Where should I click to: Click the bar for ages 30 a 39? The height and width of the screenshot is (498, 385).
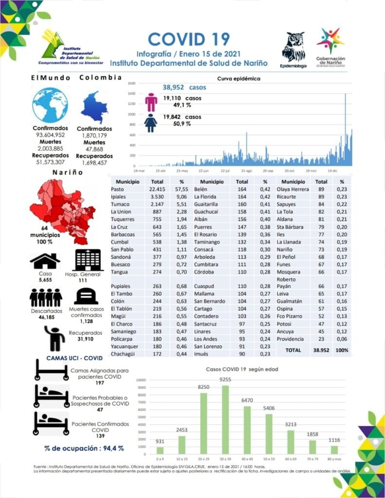point(225,420)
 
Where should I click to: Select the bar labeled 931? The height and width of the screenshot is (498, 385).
point(160,450)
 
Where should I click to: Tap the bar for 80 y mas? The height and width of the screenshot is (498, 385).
point(334,449)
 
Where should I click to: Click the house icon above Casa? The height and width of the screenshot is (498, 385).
point(45,261)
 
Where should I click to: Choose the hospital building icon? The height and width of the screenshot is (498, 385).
point(88,260)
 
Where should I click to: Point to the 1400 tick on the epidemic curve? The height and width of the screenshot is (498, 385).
point(131,93)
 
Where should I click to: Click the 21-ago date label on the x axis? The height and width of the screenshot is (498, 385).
point(246,171)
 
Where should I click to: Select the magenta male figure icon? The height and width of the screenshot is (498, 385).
point(152,102)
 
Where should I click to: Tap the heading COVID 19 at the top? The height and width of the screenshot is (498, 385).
point(188,39)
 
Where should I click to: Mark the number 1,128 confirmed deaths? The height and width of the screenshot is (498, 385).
point(86,321)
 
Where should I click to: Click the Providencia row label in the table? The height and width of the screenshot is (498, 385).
point(291,338)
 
